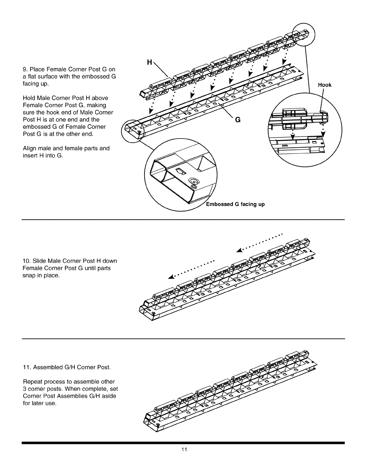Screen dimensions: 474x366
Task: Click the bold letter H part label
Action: pyautogui.click(x=150, y=63)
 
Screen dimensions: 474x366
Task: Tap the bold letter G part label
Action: pyautogui.click(x=238, y=120)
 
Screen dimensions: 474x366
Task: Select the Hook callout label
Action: pyautogui.click(x=325, y=85)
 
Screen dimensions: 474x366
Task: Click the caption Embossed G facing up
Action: pyautogui.click(x=235, y=204)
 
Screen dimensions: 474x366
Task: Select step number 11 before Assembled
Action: pyautogui.click(x=26, y=367)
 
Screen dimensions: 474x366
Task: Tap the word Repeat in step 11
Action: pyautogui.click(x=32, y=382)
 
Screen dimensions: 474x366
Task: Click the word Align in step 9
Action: pyautogui.click(x=29, y=148)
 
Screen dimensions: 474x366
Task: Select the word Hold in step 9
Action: pyautogui.click(x=29, y=98)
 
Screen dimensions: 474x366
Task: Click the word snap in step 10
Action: pyautogui.click(x=29, y=275)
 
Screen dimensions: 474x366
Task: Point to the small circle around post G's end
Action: pyautogui.click(x=132, y=130)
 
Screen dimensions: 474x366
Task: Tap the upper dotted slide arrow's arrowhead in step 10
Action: pyautogui.click(x=239, y=250)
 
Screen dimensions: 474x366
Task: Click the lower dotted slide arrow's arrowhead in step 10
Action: pyautogui.click(x=170, y=277)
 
